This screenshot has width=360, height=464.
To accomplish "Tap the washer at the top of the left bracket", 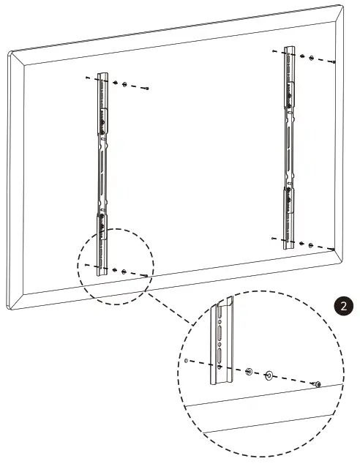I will point(124,85).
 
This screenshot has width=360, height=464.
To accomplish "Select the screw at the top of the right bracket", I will point(333,62).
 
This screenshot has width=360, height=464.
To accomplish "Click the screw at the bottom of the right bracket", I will point(332,250).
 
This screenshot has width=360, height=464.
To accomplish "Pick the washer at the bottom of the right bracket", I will point(312,245).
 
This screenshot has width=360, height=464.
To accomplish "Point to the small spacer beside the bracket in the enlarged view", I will point(250,371).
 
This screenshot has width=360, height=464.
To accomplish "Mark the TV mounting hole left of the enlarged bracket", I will point(187,360).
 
